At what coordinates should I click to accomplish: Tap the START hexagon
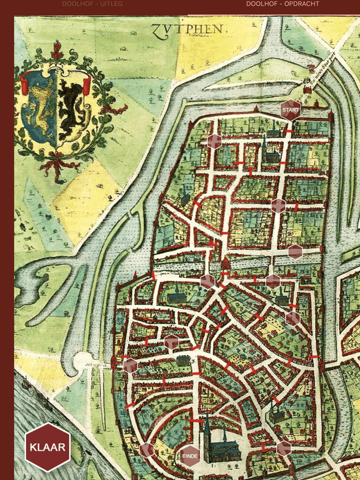pos(291,109)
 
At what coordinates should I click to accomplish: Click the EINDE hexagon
pos(190,456)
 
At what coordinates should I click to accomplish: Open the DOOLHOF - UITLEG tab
pos(92,4)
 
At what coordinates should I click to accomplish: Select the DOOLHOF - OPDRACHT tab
pos(282,4)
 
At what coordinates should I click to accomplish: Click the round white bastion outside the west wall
pos(83,362)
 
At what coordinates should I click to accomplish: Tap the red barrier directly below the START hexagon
pos(290,132)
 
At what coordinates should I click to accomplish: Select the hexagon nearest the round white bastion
pos(130,365)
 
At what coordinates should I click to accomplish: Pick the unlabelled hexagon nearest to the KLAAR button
pos(147,450)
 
